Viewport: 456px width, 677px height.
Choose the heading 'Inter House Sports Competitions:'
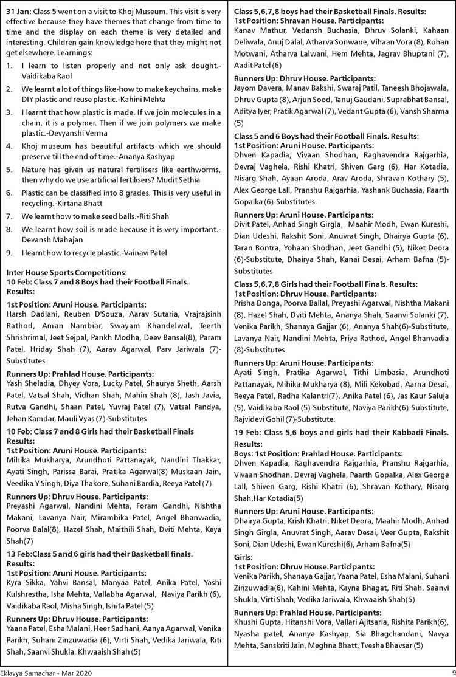pos(66,273)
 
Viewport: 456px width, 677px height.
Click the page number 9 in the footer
pos(445,668)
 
